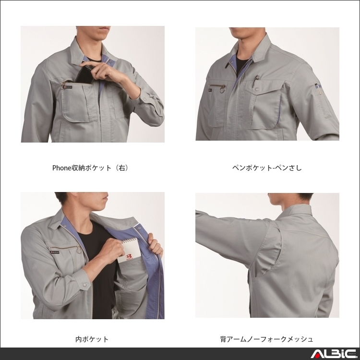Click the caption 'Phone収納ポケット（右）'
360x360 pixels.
(x=90, y=168)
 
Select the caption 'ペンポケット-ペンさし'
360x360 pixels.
(x=267, y=168)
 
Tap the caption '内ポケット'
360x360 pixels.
(x=92, y=339)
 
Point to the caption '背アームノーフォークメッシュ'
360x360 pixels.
(x=267, y=339)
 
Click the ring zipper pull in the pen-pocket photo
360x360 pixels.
(x=222, y=88)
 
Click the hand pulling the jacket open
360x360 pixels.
(x=155, y=245)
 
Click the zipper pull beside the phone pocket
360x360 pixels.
(x=63, y=85)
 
